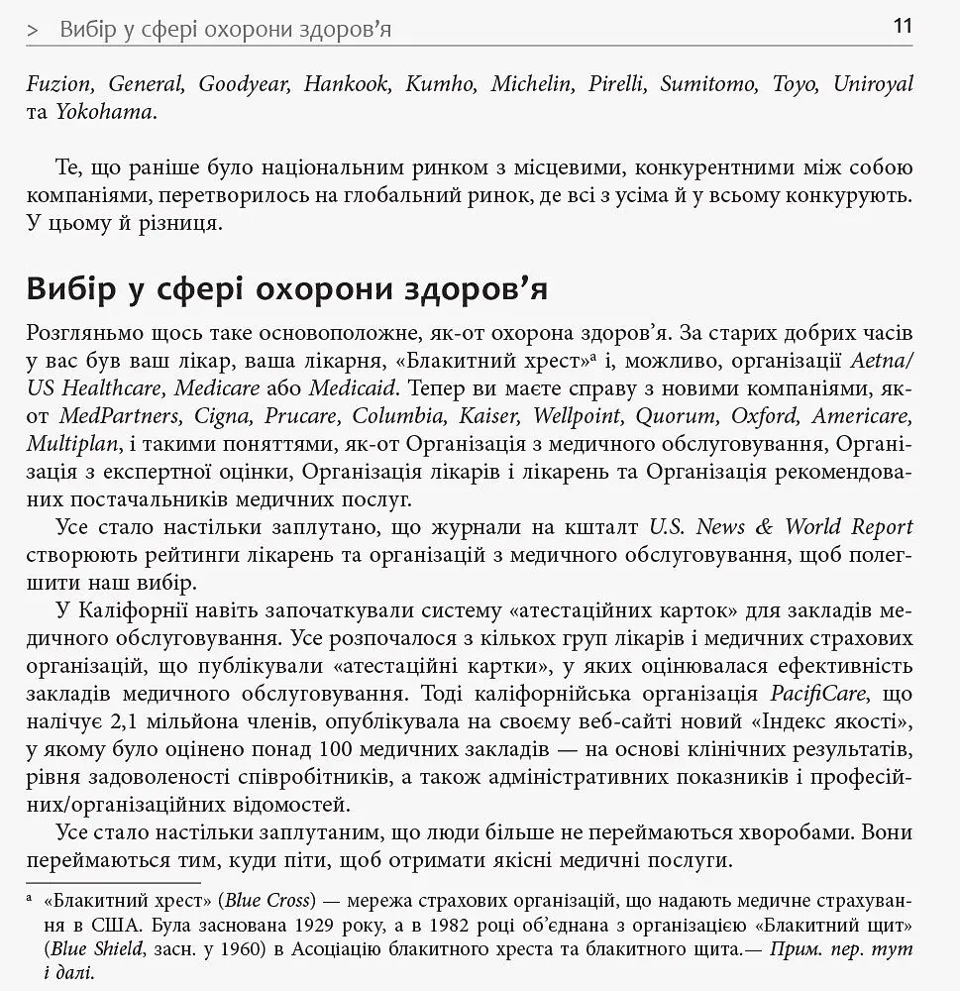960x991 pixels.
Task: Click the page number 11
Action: (902, 26)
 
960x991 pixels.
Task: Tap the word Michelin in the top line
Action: (532, 84)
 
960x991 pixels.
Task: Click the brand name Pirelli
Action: (617, 84)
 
